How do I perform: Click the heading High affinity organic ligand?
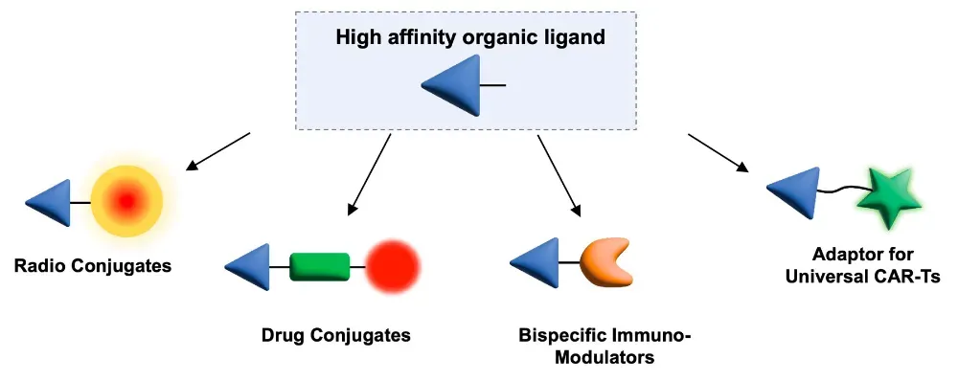click(470, 37)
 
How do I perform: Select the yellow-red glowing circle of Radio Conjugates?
click(126, 200)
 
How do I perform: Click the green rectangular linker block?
click(320, 267)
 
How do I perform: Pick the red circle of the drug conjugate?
click(393, 267)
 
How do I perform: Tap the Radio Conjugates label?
click(93, 266)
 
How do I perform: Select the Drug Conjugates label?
click(336, 335)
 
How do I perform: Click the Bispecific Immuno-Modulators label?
click(604, 346)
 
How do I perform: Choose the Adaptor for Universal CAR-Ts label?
click(863, 264)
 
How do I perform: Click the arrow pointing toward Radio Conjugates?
click(218, 151)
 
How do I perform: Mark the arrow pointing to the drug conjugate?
click(369, 174)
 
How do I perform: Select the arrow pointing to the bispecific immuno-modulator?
click(559, 175)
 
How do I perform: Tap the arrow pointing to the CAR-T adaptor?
click(718, 153)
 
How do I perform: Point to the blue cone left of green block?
click(250, 267)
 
